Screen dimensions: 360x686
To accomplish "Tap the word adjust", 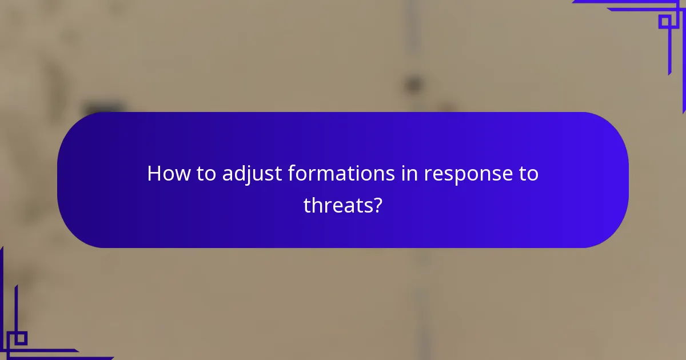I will (x=251, y=174).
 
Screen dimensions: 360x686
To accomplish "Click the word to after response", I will (x=528, y=173).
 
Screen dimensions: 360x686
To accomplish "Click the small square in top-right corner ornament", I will (x=664, y=22).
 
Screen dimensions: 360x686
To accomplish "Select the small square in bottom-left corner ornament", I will (x=21, y=338).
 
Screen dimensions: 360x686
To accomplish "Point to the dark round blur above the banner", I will (x=413, y=85).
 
